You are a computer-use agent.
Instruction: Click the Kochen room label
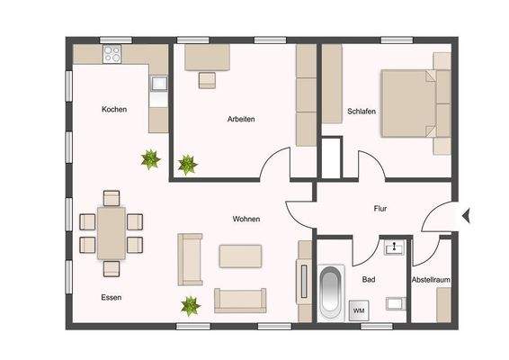click(x=114, y=109)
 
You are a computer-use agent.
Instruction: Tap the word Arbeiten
click(x=241, y=119)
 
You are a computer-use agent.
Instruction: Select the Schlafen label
click(x=361, y=112)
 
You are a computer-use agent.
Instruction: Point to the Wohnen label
click(x=246, y=219)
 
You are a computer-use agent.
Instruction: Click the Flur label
click(x=380, y=209)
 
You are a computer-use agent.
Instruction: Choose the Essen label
click(x=112, y=297)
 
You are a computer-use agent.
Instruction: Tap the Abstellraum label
click(x=431, y=280)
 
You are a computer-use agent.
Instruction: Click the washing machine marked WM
click(x=359, y=310)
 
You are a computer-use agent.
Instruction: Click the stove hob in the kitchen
click(x=112, y=54)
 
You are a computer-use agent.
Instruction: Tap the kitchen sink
click(x=159, y=85)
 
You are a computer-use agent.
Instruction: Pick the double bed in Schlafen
click(x=410, y=103)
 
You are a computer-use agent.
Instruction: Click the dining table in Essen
click(x=112, y=232)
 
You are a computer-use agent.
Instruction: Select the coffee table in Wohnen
click(x=240, y=256)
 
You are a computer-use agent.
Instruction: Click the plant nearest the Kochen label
click(x=150, y=159)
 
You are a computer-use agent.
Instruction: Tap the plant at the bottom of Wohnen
click(x=190, y=306)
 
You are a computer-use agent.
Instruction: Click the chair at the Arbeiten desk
click(x=207, y=79)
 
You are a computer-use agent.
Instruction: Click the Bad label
click(x=369, y=280)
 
